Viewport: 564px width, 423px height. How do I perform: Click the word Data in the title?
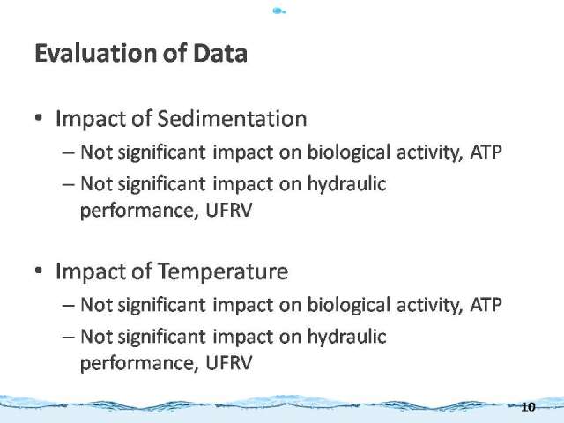click(220, 53)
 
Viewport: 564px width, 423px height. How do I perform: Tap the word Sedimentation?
click(233, 119)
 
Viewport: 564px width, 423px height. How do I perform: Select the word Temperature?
click(223, 272)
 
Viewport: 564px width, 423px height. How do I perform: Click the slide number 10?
click(528, 407)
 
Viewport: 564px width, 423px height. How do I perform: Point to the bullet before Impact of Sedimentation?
click(39, 118)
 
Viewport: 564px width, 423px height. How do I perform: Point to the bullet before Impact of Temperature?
click(39, 271)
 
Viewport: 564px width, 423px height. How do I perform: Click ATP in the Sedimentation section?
click(486, 152)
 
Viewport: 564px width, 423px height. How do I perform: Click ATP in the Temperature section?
click(486, 304)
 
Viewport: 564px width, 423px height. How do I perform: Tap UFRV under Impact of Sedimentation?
click(229, 210)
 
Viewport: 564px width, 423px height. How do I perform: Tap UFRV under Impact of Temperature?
click(229, 362)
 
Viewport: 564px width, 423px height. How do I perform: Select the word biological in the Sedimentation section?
click(349, 152)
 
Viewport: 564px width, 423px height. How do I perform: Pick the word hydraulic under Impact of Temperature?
click(346, 337)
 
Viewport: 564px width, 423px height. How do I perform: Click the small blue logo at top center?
click(278, 11)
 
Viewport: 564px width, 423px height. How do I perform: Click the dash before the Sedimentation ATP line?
click(69, 152)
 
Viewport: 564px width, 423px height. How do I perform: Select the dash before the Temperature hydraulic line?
click(69, 338)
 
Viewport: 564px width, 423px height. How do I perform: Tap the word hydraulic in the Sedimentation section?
click(346, 184)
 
